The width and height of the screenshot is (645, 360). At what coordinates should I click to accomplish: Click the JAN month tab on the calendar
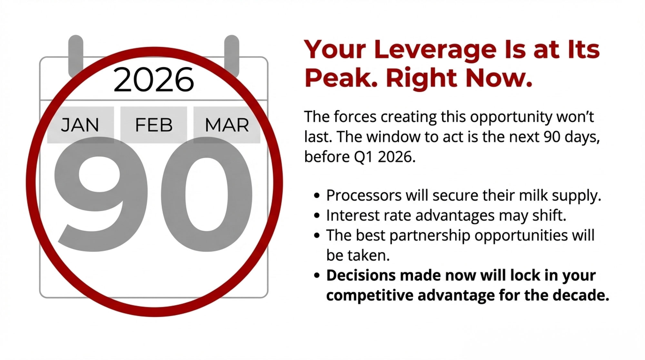click(x=80, y=125)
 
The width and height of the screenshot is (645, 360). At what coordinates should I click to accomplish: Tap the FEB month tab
click(x=154, y=125)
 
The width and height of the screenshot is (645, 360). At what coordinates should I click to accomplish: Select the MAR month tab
click(x=227, y=125)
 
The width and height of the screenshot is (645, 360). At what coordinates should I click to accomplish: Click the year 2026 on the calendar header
click(x=154, y=80)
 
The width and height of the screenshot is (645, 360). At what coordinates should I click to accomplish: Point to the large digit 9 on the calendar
click(x=101, y=194)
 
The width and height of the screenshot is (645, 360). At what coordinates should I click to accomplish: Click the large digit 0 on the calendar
click(x=206, y=194)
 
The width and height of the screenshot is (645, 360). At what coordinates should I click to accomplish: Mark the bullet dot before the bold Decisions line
click(x=317, y=276)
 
